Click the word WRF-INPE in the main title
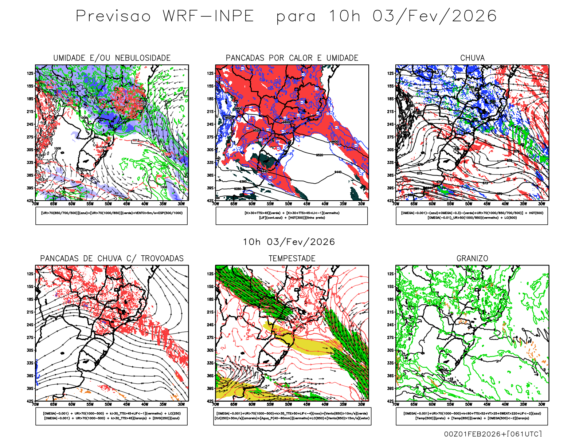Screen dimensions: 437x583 click(208, 16)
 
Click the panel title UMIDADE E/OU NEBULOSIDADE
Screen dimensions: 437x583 click(112, 58)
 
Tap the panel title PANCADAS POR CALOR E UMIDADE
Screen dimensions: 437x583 click(292, 58)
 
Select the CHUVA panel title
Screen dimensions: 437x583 click(472, 58)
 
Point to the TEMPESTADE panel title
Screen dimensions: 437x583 click(292, 259)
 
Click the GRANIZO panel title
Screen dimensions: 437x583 click(472, 259)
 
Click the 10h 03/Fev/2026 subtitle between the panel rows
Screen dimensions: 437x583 click(289, 242)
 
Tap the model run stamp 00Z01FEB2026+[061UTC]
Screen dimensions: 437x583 click(493, 434)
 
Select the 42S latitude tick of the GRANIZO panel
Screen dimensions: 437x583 click(391, 401)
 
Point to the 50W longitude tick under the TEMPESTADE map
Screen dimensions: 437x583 click(289, 404)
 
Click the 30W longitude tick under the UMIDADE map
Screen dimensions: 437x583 click(181, 204)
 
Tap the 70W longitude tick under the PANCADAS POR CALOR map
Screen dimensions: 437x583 click(216, 204)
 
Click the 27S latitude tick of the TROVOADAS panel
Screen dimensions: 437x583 click(30, 338)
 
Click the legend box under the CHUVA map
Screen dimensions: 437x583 click(472, 216)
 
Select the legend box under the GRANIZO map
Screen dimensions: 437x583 click(472, 416)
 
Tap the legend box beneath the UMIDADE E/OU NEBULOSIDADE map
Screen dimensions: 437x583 click(111, 216)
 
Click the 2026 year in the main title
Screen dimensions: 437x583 click(474, 16)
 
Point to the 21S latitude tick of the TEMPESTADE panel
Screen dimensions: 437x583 click(210, 312)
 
